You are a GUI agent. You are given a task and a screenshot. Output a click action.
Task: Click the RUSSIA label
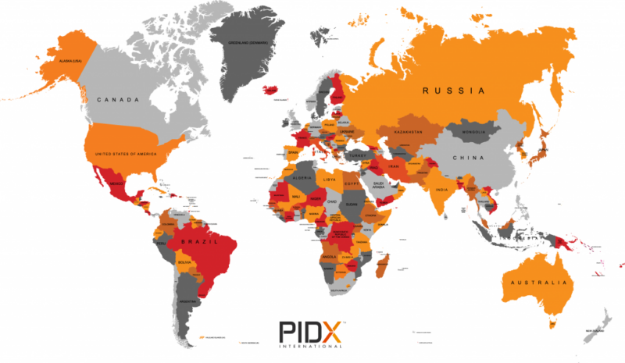click(x=454, y=91)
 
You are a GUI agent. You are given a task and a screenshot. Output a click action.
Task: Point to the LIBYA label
click(x=331, y=181)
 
